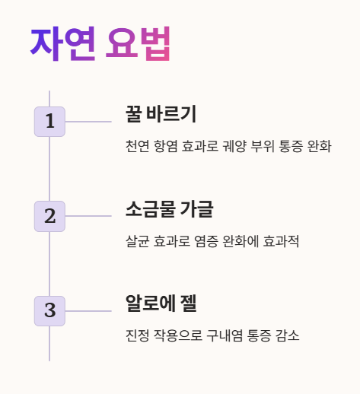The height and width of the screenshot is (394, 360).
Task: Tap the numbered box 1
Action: [49, 122]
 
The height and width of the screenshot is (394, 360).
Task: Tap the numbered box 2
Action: [49, 216]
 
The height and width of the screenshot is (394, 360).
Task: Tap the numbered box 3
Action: [49, 310]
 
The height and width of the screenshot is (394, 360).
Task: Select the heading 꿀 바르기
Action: [161, 115]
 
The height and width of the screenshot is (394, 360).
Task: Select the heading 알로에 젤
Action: [161, 303]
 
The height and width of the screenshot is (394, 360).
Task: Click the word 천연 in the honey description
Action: [138, 146]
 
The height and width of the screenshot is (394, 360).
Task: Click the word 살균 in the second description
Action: [138, 241]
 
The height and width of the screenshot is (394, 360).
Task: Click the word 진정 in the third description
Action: [138, 335]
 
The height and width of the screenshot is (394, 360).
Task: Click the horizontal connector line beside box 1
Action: [88, 122]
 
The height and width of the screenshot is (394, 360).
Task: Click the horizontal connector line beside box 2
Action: [88, 216]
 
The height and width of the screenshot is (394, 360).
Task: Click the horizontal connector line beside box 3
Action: [88, 310]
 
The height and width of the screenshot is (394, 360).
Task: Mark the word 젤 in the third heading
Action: [187, 303]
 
